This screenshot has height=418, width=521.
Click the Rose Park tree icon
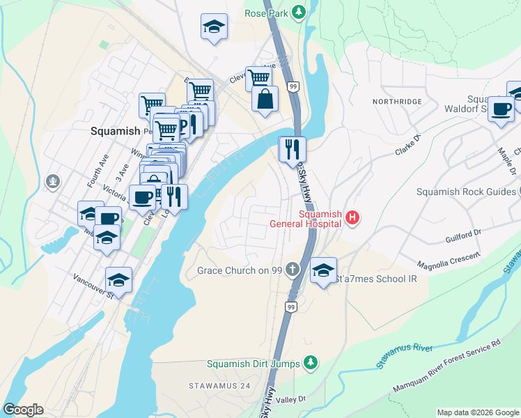[x=299, y=12]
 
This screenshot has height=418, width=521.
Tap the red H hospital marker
[x=353, y=219]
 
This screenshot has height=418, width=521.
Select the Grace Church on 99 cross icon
[x=293, y=270]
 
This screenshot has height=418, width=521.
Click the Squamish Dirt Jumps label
[x=253, y=364]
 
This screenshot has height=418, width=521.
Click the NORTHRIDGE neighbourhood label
[x=397, y=102]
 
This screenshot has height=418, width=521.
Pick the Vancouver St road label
[x=93, y=286]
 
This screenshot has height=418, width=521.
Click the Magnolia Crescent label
[x=449, y=261]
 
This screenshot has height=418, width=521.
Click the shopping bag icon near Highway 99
[x=265, y=99]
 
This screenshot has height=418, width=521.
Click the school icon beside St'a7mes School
[x=323, y=270]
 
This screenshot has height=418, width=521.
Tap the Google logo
[x=23, y=410]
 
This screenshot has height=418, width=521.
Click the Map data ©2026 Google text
[x=477, y=412]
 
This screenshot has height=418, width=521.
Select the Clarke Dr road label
[x=408, y=144]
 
